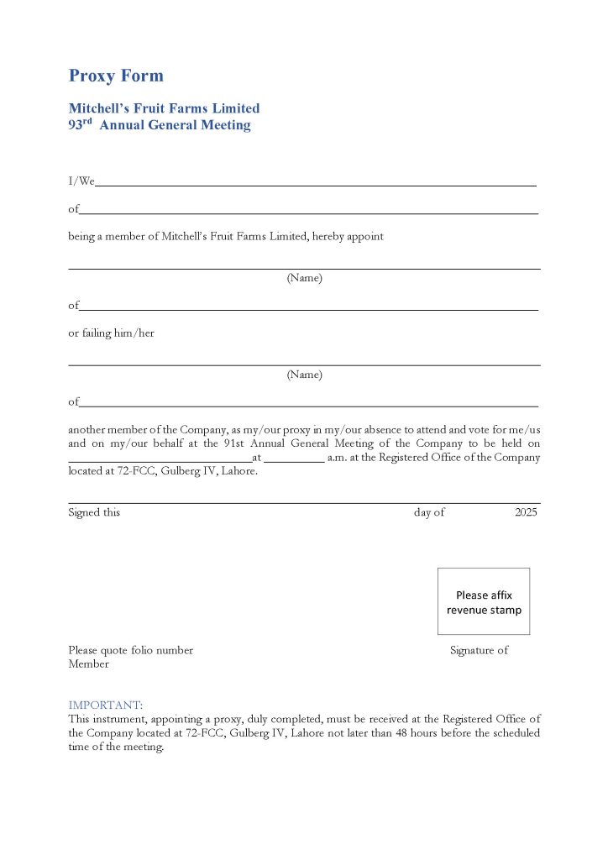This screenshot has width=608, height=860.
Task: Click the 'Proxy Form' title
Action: [116, 76]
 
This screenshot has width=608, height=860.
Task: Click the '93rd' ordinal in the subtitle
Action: [81, 125]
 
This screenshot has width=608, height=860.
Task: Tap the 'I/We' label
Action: [81, 181]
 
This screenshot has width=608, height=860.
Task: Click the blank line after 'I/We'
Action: [315, 184]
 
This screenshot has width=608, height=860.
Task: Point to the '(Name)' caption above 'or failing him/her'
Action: [304, 278]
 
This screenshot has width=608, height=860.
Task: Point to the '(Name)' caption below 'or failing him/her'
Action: [304, 375]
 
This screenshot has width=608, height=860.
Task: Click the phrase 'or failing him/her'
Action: [111, 333]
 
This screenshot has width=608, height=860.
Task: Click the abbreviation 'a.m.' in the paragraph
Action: [338, 458]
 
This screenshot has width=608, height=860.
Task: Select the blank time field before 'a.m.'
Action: [294, 459]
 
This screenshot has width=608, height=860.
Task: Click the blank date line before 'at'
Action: [160, 459]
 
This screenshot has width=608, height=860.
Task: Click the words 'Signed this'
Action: [94, 512]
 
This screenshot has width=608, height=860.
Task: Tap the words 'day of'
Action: [429, 512]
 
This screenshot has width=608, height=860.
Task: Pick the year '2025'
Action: [526, 512]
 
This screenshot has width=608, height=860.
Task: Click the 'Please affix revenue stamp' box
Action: [484, 602]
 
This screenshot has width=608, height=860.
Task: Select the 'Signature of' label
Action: [479, 650]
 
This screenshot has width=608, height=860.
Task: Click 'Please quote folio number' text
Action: [130, 650]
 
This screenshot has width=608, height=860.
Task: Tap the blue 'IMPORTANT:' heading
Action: [106, 705]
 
